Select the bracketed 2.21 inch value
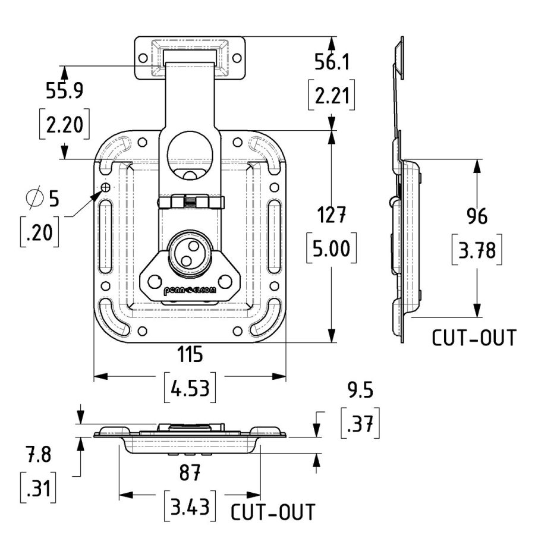(x=332, y=96)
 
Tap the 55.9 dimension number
(x=64, y=90)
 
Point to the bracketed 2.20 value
(x=64, y=125)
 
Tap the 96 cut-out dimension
(x=476, y=216)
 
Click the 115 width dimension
(x=189, y=355)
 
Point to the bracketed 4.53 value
(x=189, y=390)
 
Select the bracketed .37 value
(x=360, y=424)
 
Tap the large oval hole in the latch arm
(x=190, y=154)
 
